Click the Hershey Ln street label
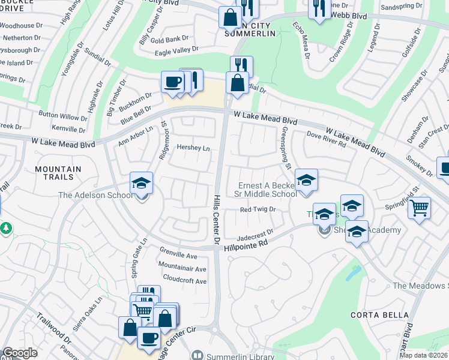pyautogui.click(x=193, y=148)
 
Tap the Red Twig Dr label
pyautogui.click(x=257, y=209)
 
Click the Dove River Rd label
pyautogui.click(x=327, y=139)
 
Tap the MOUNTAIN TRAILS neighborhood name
pyautogui.click(x=58, y=174)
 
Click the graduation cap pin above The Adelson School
pyautogui.click(x=142, y=182)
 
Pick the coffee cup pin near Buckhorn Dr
pyautogui.click(x=172, y=82)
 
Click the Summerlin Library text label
pyautogui.click(x=235, y=356)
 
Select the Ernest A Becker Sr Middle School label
pyautogui.click(x=268, y=190)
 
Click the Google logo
pyautogui.click(x=20, y=353)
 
